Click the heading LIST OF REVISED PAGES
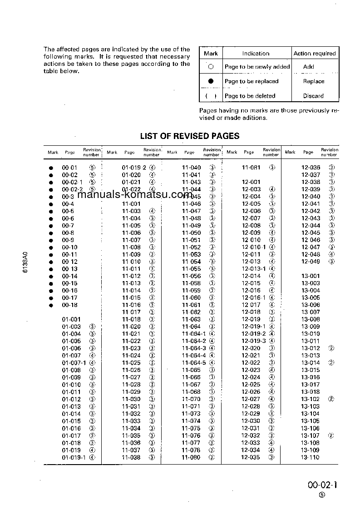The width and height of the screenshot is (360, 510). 190,136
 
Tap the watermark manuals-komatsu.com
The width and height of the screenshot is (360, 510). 135,195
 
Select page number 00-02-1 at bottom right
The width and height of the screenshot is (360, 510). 323,485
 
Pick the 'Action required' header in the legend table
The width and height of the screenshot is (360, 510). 314,54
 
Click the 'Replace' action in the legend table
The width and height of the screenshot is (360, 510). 314,81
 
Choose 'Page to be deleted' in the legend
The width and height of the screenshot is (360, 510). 250,96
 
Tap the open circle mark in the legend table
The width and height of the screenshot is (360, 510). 211,67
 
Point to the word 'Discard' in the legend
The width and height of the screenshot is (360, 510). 313,96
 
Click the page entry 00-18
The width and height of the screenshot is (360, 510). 69,305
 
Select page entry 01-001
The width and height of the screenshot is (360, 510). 71,319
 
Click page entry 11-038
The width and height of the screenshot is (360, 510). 131,457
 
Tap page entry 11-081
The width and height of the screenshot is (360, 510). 251,168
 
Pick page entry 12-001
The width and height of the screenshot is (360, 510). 251,182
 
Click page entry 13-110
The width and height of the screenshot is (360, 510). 311,457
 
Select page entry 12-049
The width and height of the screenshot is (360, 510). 311,262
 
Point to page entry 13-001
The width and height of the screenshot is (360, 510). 311,276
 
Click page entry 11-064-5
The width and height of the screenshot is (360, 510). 194,363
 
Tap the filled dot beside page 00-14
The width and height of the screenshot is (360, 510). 51,276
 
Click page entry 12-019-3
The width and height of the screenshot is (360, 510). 253,341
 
